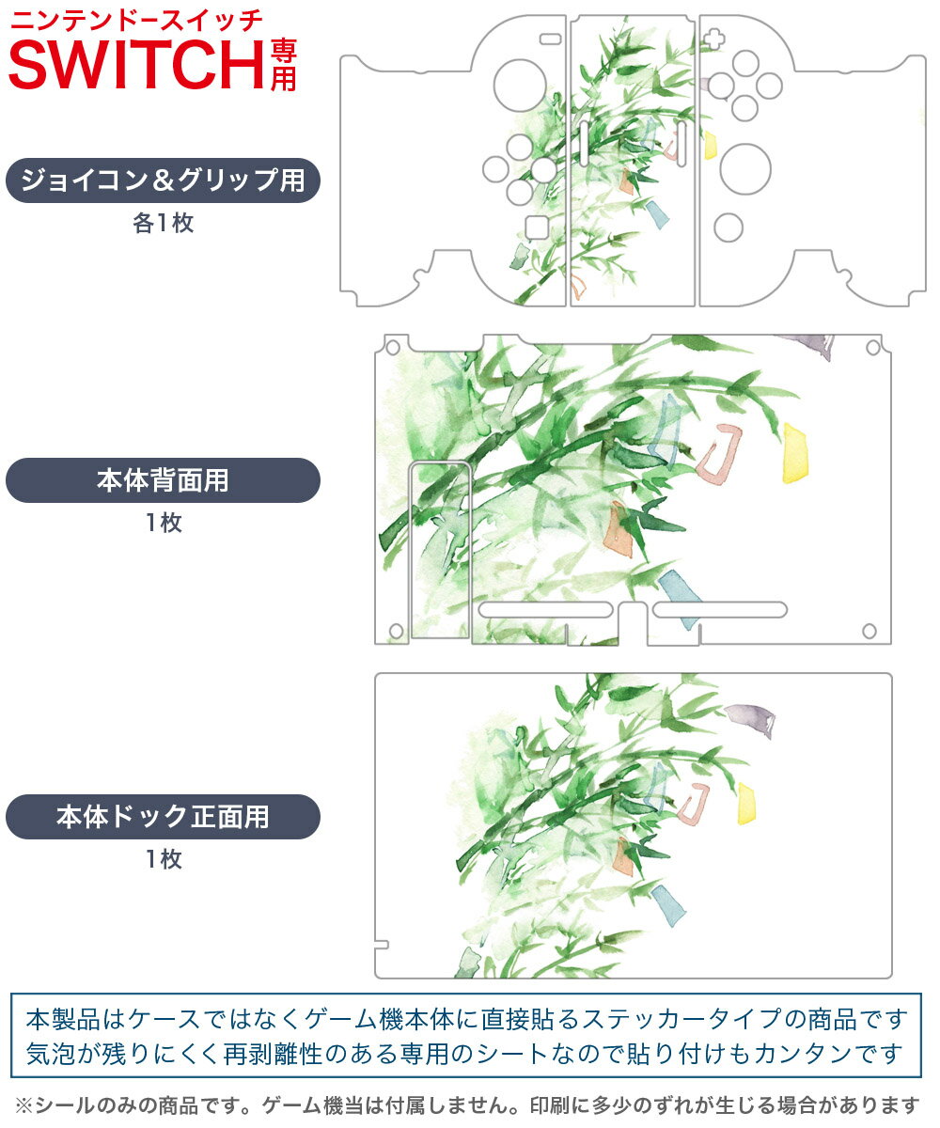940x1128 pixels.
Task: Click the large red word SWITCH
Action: point(136,65)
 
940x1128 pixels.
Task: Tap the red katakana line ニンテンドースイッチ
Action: point(136,21)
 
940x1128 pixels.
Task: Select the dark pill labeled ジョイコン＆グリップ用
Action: point(163,180)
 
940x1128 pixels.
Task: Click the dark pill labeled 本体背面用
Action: point(163,480)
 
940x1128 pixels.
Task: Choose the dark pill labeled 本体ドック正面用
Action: point(163,817)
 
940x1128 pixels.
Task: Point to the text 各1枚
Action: point(164,223)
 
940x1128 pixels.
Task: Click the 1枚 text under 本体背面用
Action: point(164,523)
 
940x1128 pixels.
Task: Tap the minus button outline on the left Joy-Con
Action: point(551,39)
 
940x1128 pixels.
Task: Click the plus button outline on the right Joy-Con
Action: point(713,39)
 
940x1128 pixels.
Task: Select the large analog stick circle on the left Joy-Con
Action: point(520,86)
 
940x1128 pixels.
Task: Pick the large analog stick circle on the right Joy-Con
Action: point(745,169)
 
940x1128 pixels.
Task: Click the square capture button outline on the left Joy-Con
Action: point(537,227)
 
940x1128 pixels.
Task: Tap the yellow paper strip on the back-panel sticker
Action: point(794,453)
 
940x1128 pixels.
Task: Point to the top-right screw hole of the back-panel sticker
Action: point(873,348)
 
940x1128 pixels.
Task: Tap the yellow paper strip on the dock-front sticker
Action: point(746,804)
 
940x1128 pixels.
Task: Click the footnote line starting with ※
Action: point(467,1105)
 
